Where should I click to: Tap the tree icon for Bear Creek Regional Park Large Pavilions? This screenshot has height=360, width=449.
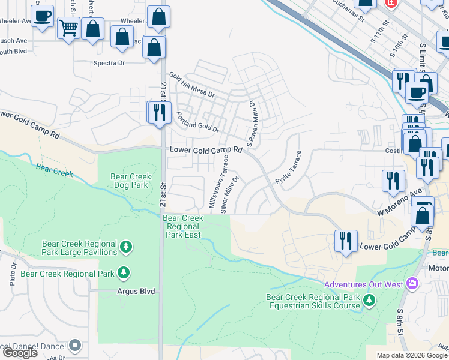[x=125, y=246]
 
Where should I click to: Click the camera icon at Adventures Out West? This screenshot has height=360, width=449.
[x=412, y=283]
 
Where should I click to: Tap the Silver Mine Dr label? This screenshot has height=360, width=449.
[x=230, y=194]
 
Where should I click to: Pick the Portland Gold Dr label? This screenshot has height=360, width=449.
[x=197, y=122]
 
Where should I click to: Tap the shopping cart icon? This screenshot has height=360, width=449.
[x=68, y=27]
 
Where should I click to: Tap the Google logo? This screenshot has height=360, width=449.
[x=20, y=353]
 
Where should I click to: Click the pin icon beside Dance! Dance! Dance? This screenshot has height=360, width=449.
[x=75, y=345]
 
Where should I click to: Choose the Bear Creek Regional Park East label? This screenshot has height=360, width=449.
[x=183, y=227]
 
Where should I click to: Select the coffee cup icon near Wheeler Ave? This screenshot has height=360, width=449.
[x=42, y=16]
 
